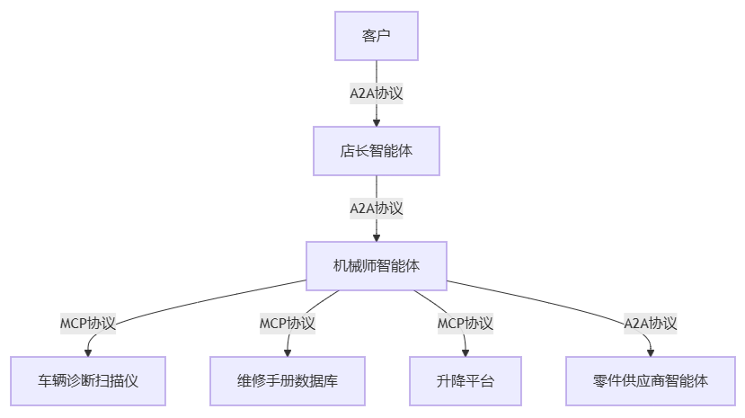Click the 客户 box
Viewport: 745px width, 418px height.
(x=376, y=36)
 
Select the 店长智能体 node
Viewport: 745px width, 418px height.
(x=376, y=150)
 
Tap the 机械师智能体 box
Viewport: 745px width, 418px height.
(x=376, y=265)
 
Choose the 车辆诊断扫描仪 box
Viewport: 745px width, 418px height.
(x=88, y=380)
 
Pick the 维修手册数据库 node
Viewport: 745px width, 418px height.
(x=288, y=380)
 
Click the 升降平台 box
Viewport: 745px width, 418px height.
(x=465, y=380)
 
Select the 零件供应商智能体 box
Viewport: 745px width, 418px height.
(x=651, y=380)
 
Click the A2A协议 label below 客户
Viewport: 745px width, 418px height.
(x=376, y=93)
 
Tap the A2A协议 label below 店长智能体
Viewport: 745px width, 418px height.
(x=376, y=208)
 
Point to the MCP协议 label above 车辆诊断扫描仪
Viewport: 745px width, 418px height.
(x=88, y=323)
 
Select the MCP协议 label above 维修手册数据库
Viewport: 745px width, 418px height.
(x=288, y=323)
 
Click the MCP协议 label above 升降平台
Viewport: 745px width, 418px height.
(x=465, y=323)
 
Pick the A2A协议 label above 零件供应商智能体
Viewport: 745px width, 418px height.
(x=651, y=323)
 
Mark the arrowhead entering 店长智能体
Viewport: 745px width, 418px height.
(x=376, y=121)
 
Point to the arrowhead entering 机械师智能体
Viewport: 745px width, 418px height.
(x=376, y=236)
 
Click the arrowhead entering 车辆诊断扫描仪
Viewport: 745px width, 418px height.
(x=88, y=351)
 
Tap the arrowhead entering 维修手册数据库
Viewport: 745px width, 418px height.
(x=288, y=351)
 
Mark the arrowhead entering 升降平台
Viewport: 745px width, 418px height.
(x=465, y=351)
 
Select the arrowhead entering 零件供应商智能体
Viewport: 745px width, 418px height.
(x=651, y=351)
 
